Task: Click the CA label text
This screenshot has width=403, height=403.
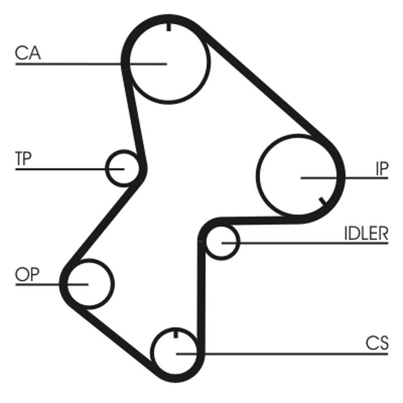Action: tap(28, 53)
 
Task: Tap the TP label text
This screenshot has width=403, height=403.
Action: tap(23, 159)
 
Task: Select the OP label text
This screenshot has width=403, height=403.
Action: tap(28, 275)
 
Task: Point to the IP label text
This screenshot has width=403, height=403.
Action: tap(381, 169)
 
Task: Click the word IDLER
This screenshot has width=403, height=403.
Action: tap(366, 234)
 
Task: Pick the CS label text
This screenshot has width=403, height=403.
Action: tap(377, 344)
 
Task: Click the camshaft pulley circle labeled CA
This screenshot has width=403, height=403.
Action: tap(169, 63)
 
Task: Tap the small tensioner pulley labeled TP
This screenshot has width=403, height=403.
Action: tap(122, 168)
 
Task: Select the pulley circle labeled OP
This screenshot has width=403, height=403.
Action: tap(89, 283)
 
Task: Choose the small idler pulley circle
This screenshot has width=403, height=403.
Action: tap(222, 242)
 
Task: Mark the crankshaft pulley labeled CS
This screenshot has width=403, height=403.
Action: tap(176, 353)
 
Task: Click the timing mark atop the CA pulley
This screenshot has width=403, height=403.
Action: tap(169, 27)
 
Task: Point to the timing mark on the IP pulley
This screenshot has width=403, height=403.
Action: tap(322, 201)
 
